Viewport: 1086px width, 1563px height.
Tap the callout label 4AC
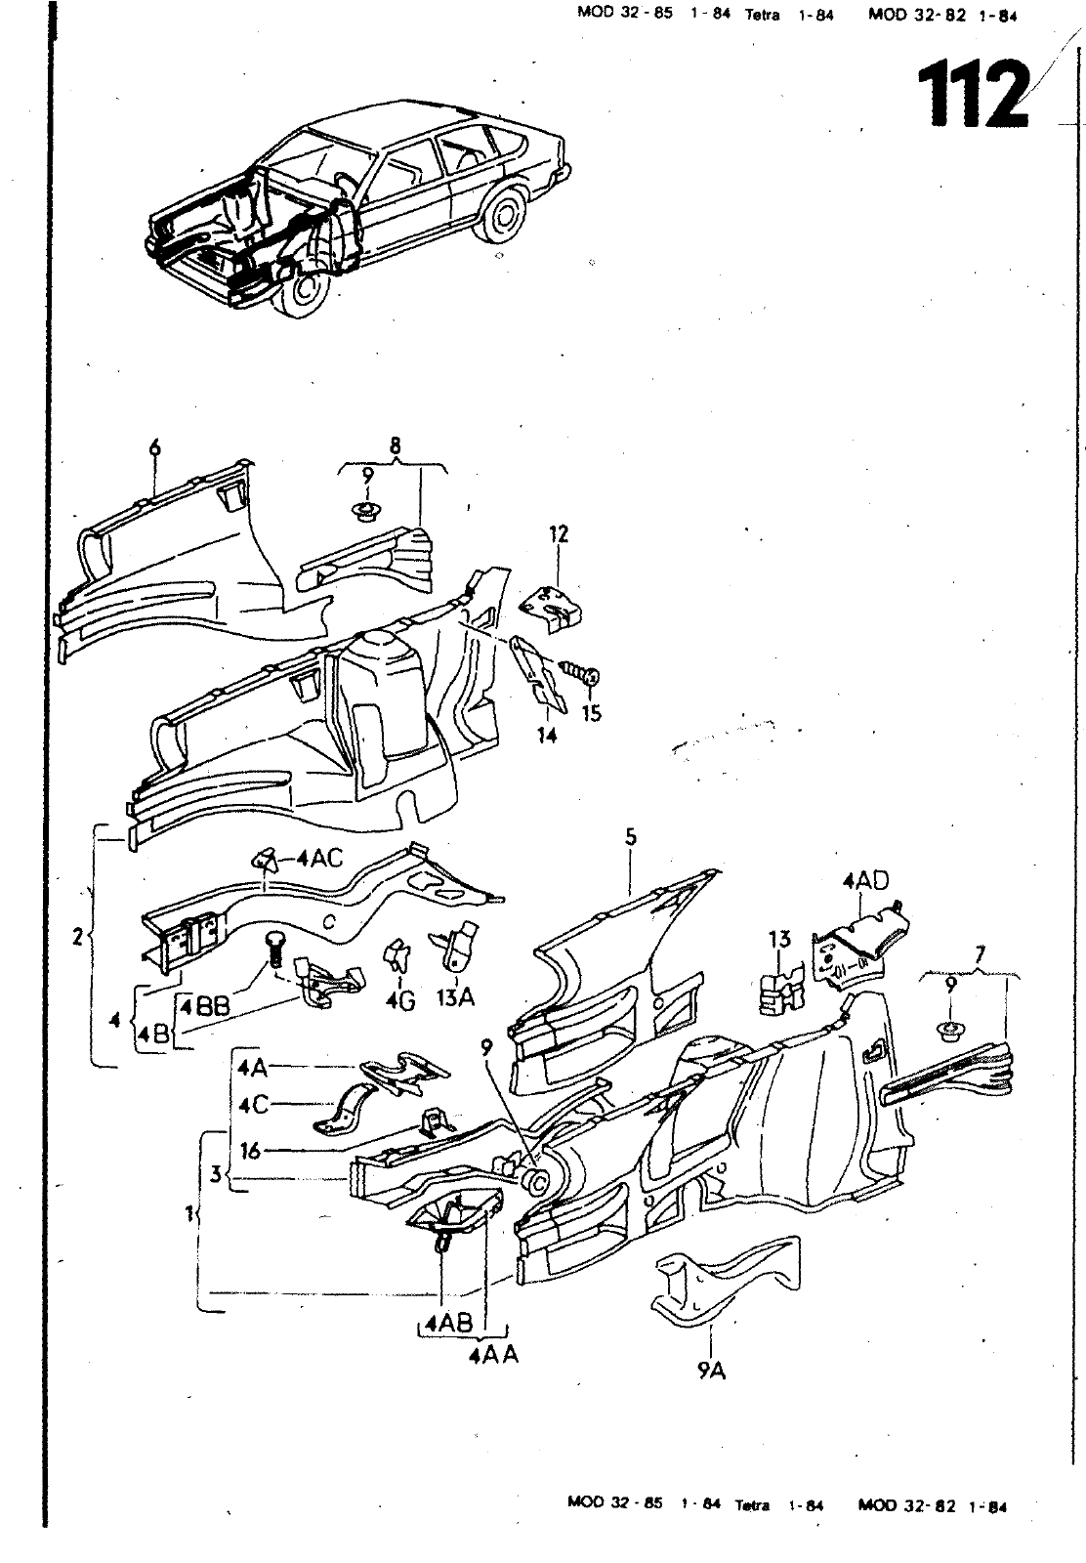[319, 859]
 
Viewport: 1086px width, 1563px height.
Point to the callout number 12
[559, 533]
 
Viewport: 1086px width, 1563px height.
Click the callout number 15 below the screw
[591, 712]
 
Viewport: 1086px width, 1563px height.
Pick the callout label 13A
[455, 998]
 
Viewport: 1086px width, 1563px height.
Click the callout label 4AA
[494, 1356]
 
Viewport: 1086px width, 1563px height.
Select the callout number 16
[250, 1150]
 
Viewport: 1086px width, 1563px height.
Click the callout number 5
[631, 836]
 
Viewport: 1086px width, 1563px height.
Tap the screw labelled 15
[580, 673]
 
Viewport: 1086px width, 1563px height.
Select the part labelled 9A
[726, 1279]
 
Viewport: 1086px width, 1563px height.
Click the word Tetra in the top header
[762, 16]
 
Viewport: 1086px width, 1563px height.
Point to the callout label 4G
[399, 1000]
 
